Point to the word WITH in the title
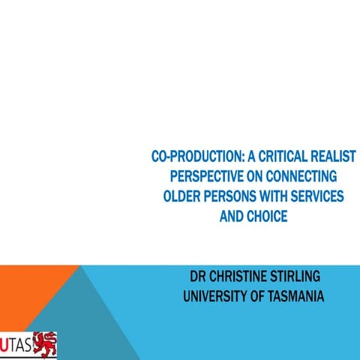(277, 196)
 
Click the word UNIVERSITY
(219, 297)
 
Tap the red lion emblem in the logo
(46, 343)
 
